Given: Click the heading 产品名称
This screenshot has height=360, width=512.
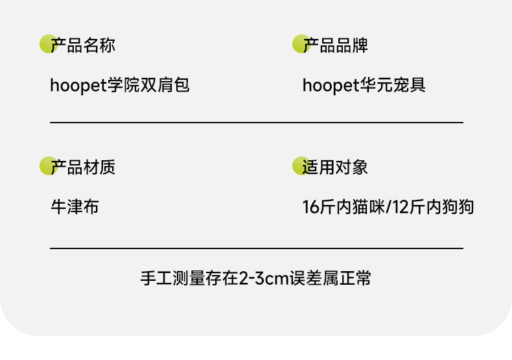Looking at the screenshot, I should [83, 45].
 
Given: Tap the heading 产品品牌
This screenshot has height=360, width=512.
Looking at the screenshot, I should [336, 45].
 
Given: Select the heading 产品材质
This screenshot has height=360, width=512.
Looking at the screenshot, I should [83, 168].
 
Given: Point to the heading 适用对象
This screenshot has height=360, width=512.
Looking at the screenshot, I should [335, 168].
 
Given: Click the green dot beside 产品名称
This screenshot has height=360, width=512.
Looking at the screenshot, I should [47, 43].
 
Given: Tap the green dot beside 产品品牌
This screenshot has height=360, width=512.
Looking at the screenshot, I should [300, 43].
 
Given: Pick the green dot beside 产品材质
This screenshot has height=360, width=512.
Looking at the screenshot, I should [47, 166].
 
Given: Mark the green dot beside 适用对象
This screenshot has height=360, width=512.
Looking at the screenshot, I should [300, 166].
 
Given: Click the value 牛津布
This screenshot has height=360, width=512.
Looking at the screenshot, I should [75, 208].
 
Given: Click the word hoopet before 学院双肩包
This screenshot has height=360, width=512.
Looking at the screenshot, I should [78, 85].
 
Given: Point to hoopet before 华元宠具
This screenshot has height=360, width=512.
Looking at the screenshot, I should [331, 85].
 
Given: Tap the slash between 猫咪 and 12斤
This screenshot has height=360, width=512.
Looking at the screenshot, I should [389, 208].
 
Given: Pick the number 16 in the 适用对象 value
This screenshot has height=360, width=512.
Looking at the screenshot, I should [310, 208].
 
